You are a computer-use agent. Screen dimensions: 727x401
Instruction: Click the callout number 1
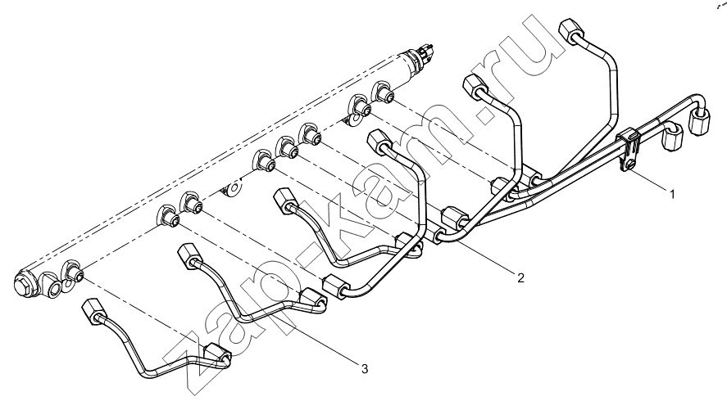[x=671, y=195]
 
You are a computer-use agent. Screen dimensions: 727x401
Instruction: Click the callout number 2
[x=520, y=277]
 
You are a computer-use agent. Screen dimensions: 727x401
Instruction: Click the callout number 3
[x=365, y=369]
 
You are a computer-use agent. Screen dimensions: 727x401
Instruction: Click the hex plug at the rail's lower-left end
[x=24, y=283]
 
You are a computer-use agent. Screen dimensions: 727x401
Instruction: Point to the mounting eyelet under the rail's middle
[x=232, y=189]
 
